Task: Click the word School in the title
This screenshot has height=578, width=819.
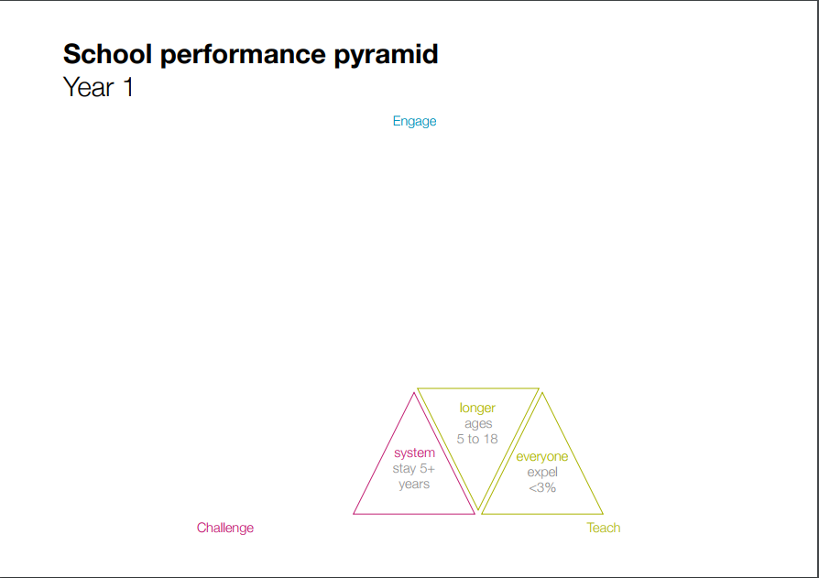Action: click(x=107, y=54)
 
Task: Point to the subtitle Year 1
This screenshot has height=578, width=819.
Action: click(x=98, y=87)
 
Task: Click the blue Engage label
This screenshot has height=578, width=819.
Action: click(x=414, y=122)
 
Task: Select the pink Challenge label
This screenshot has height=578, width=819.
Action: click(x=225, y=528)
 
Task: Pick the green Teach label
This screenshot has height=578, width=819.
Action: click(x=604, y=528)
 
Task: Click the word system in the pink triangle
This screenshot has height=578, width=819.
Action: click(x=414, y=453)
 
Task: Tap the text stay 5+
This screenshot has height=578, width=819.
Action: click(x=414, y=468)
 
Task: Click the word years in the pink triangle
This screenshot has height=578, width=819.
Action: click(x=414, y=485)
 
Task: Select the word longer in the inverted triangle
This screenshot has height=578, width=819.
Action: click(x=477, y=409)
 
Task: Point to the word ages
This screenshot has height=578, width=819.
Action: click(x=478, y=424)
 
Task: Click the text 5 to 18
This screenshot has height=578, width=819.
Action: click(x=477, y=439)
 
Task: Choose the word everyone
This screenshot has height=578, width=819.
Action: click(x=542, y=457)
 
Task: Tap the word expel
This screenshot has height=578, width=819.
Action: click(x=542, y=473)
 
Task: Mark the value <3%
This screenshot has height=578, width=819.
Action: click(x=542, y=487)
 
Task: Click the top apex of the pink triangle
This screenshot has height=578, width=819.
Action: click(x=414, y=393)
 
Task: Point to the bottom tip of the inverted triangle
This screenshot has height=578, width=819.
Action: click(x=478, y=509)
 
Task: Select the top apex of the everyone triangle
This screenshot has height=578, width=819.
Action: click(x=542, y=393)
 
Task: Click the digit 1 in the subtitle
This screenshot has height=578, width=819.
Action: click(x=128, y=87)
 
